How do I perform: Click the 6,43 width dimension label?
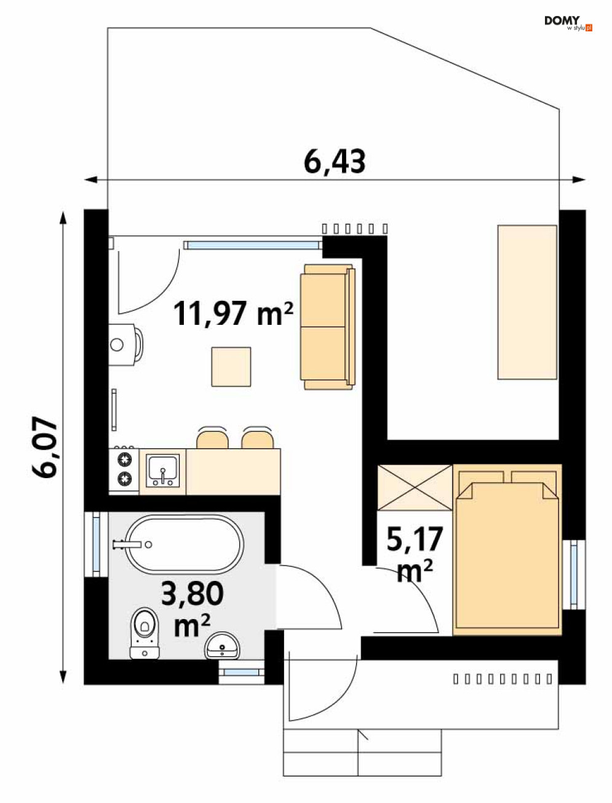(x=335, y=161)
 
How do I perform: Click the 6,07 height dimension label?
(x=44, y=447)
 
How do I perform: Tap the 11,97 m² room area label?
(x=233, y=313)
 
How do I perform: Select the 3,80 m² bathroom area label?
(x=193, y=608)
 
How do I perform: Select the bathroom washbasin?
(x=222, y=645)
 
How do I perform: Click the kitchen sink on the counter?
(x=163, y=471)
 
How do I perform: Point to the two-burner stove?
(x=124, y=470)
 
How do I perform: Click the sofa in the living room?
(x=328, y=327)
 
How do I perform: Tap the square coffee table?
(x=231, y=367)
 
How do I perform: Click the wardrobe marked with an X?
(x=415, y=488)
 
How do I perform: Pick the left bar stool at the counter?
(x=212, y=438)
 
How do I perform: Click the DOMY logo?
(x=568, y=23)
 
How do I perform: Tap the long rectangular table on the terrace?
(x=527, y=302)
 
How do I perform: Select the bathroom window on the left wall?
(x=96, y=544)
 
